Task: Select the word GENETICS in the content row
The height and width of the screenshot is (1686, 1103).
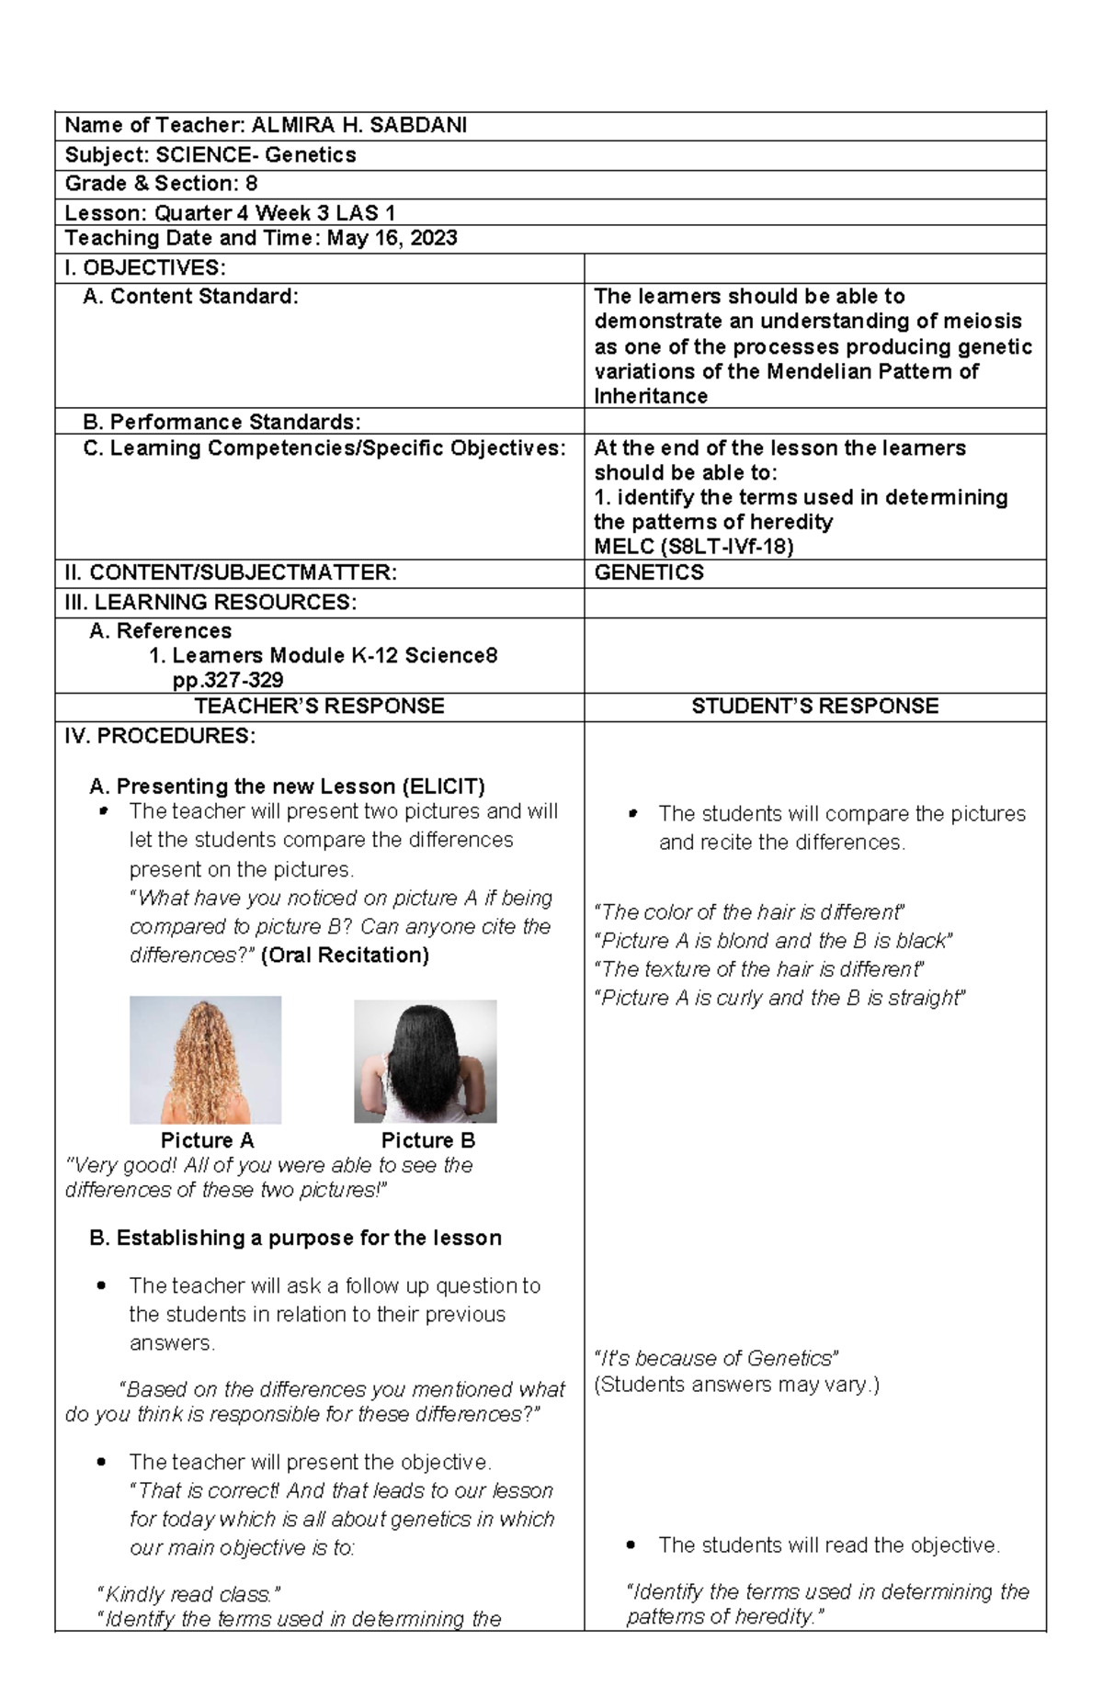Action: click(x=649, y=572)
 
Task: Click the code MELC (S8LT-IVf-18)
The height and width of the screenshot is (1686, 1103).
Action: click(x=694, y=547)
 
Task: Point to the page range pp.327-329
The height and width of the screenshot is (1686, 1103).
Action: click(x=228, y=681)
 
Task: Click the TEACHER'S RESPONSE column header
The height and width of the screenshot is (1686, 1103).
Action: click(x=319, y=706)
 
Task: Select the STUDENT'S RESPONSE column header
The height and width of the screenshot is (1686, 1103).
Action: click(x=814, y=706)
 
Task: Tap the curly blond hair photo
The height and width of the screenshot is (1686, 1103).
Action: click(x=205, y=1059)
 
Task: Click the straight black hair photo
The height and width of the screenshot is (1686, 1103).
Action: click(x=425, y=1061)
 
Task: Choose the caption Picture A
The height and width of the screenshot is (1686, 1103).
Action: click(x=207, y=1140)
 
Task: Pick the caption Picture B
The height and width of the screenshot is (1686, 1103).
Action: click(x=427, y=1140)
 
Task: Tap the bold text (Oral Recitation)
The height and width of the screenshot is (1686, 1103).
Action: click(x=345, y=956)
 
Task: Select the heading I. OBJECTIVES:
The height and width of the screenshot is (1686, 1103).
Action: click(x=144, y=268)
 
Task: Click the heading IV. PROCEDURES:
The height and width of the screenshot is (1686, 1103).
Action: click(x=160, y=736)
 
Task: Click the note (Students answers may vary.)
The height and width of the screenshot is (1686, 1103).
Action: click(x=736, y=1385)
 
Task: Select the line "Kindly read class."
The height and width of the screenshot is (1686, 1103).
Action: click(x=188, y=1594)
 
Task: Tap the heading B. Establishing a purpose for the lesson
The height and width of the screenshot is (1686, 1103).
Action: click(x=295, y=1238)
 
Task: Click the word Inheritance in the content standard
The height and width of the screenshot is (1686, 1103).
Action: click(x=651, y=397)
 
